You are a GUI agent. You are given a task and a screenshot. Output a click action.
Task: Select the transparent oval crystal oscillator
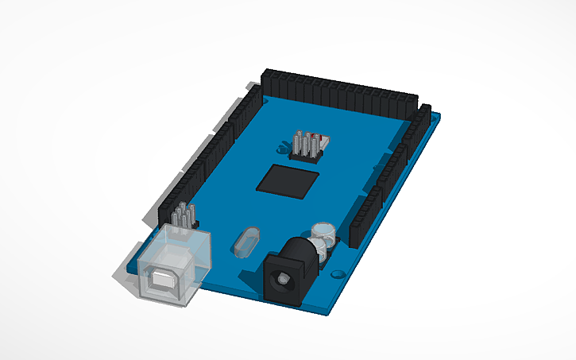247,240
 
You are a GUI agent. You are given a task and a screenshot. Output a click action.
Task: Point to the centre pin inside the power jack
280,281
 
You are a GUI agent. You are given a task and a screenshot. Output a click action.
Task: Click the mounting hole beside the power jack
338,273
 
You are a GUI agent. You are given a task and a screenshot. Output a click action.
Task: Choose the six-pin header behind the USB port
183,216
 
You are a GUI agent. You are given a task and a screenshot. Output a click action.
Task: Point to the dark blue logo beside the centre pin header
283,148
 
